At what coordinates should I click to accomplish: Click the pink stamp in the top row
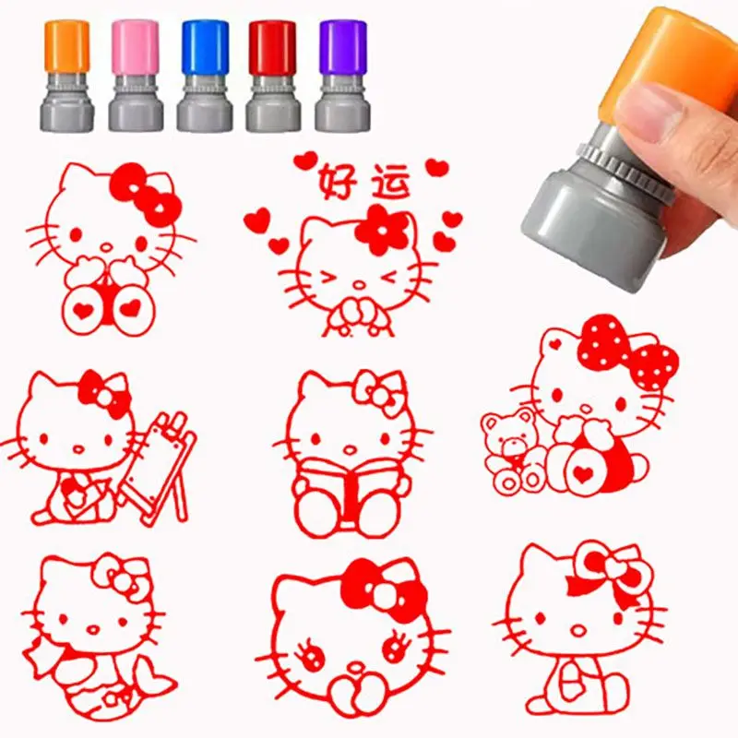coord(136,74)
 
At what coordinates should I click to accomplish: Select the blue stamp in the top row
coord(204,74)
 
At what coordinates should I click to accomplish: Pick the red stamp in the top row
coord(272,74)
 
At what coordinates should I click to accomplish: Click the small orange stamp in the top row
coord(67,74)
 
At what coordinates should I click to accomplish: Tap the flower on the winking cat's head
coord(382,230)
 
